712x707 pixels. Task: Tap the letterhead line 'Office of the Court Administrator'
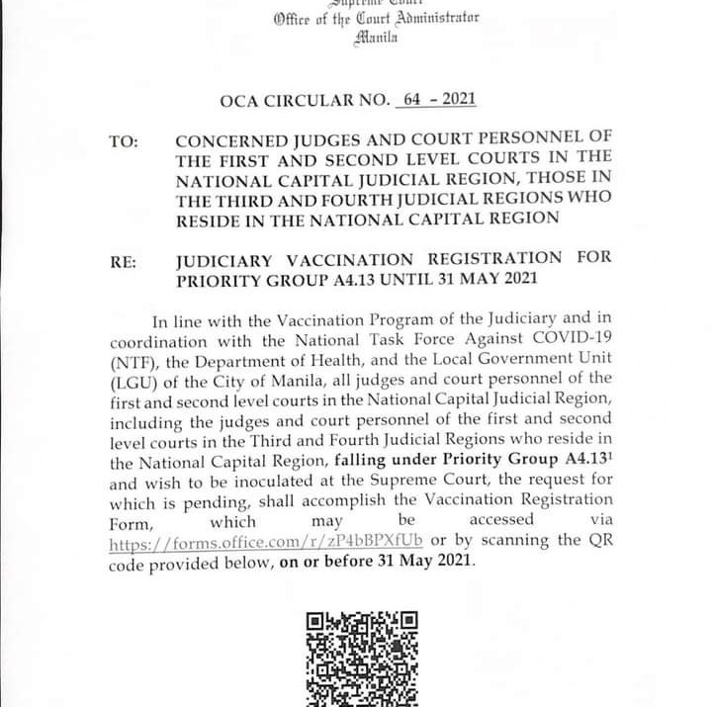pos(377,20)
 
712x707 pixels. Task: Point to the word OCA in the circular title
pos(244,100)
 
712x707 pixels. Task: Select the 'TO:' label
pos(124,141)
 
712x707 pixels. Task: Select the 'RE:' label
pos(124,263)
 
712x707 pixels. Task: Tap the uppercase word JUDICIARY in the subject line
pos(226,259)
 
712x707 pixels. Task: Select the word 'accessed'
pos(500,520)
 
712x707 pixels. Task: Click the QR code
pos(362,658)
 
